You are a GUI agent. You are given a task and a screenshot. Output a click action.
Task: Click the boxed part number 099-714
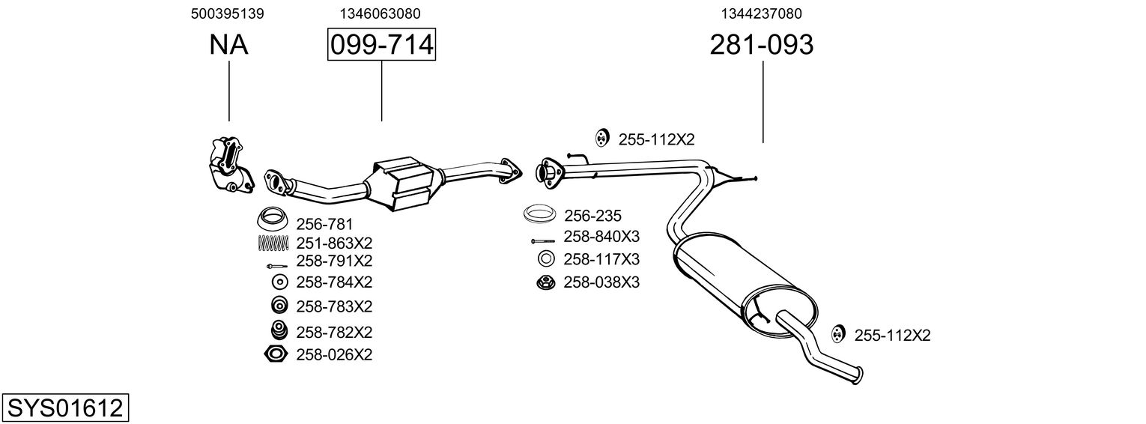tap(381, 45)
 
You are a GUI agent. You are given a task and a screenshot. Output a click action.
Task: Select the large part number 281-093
tap(761, 45)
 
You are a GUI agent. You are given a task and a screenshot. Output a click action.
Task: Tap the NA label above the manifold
tap(228, 45)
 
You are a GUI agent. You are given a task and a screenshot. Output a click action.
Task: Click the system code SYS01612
tap(64, 408)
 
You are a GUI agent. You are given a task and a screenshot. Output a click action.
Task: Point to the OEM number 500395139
tap(228, 13)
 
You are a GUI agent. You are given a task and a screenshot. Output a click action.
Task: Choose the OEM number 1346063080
tap(380, 13)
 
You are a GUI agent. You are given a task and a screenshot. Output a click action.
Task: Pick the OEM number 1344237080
tap(762, 13)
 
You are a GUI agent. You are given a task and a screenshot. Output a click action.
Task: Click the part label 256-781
tap(324, 224)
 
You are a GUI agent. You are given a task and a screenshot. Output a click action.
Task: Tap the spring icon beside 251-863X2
tap(273, 243)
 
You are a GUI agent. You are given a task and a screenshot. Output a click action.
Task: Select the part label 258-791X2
tap(334, 261)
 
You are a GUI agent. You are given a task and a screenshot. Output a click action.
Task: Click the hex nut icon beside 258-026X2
tap(276, 354)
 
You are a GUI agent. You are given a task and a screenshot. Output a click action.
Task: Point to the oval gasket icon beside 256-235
tap(539, 215)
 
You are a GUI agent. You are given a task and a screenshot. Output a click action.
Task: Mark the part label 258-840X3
tap(601, 237)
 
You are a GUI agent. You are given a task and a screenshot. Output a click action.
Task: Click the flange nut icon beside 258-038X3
tap(545, 282)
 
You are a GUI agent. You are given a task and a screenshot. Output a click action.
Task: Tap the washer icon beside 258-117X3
tap(546, 260)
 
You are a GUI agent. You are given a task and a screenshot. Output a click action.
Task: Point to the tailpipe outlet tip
tap(858, 375)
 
